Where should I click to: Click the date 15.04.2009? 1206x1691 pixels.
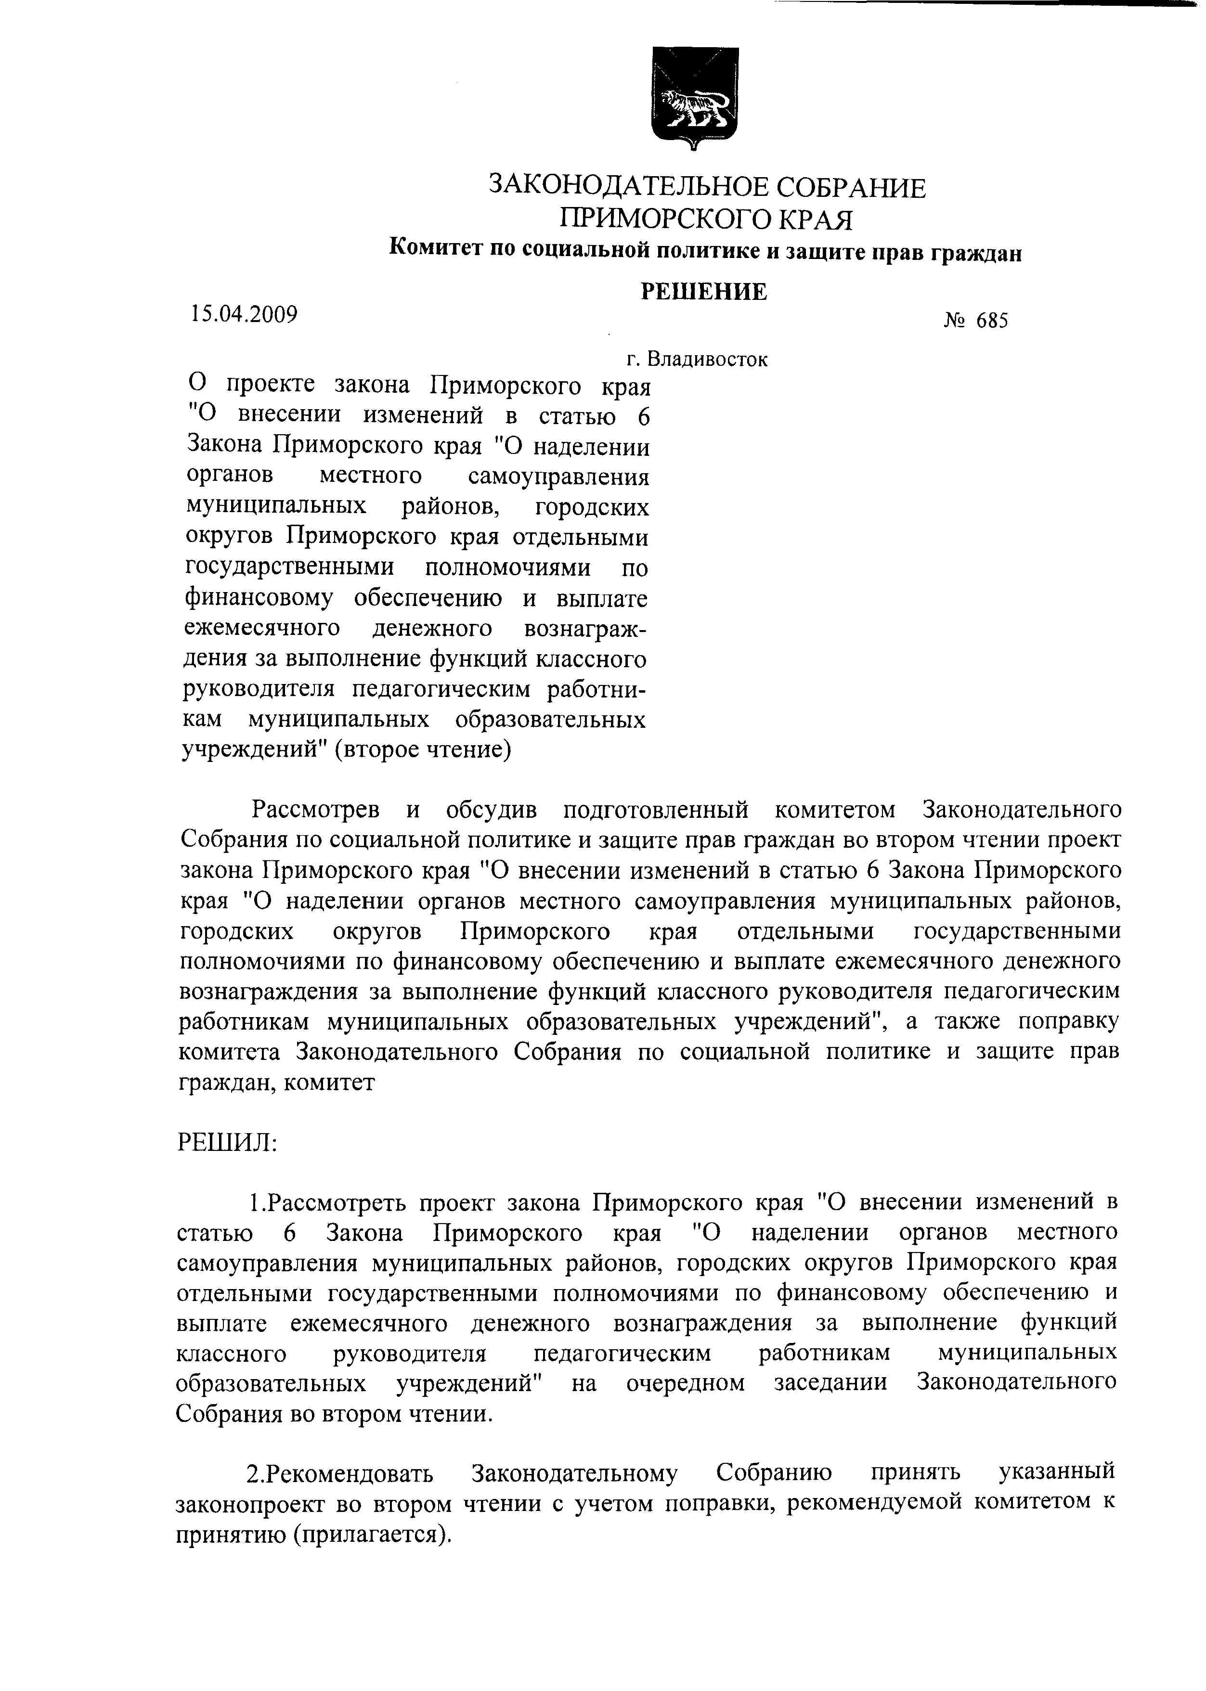244,315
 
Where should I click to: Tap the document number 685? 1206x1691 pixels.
992,321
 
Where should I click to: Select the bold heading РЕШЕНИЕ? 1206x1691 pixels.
703,292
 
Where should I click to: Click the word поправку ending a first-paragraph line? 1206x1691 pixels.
1068,1022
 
